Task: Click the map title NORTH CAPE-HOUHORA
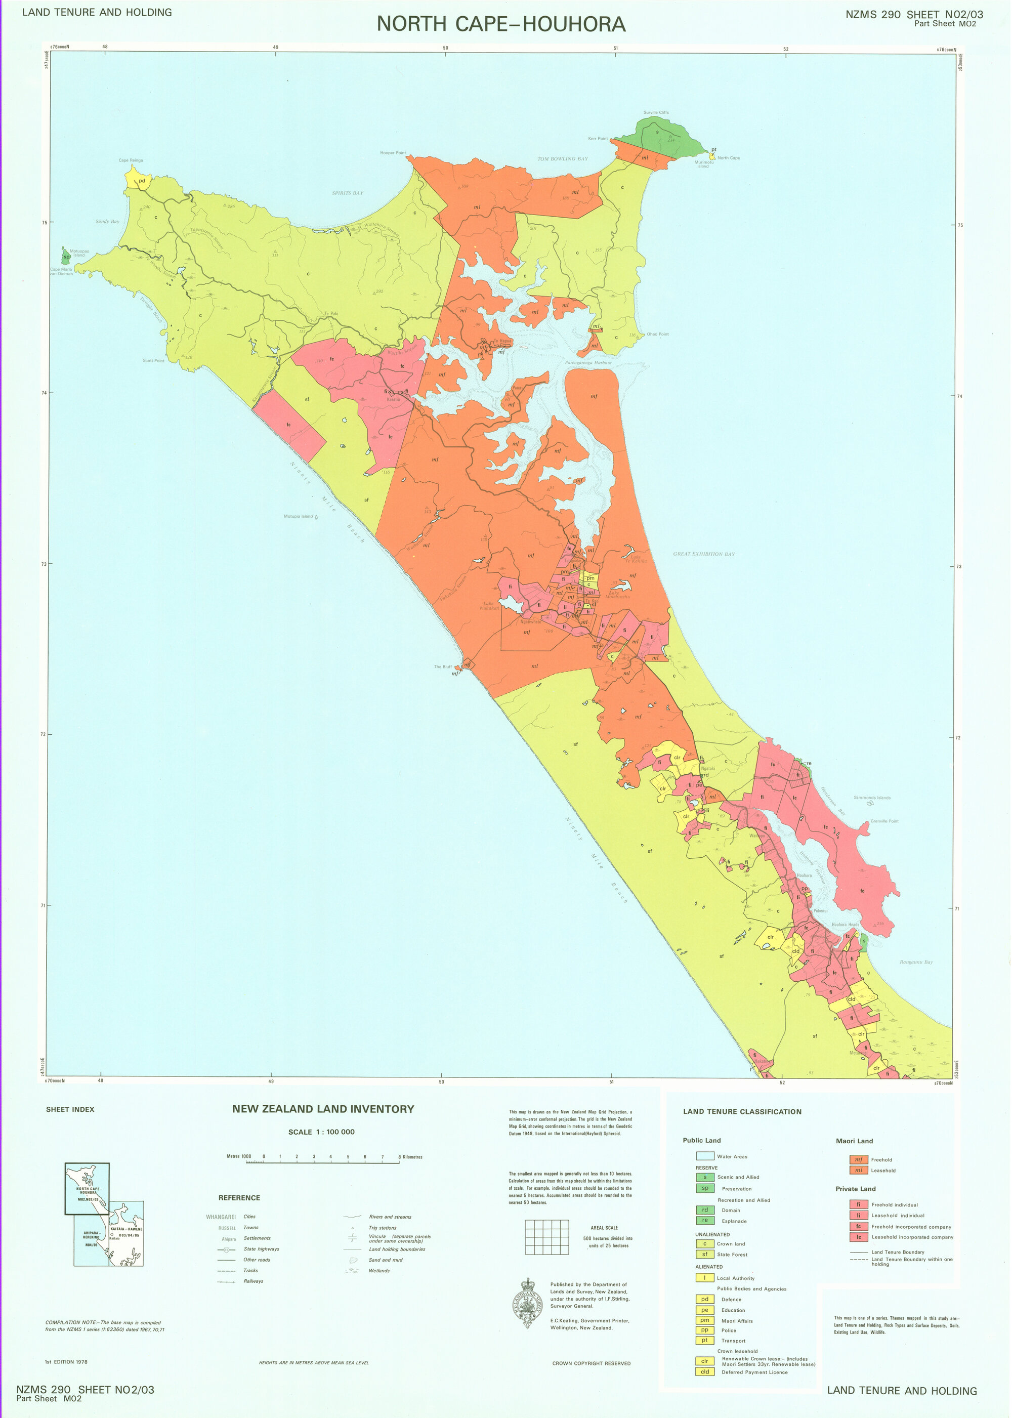(500, 24)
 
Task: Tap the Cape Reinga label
(131, 160)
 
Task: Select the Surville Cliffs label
(656, 113)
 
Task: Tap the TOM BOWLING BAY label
(562, 159)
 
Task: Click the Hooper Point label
(393, 153)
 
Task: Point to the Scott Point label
(153, 360)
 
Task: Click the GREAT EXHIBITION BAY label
(703, 554)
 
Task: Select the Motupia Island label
(298, 516)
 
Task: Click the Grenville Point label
(884, 821)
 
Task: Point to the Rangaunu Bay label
(915, 962)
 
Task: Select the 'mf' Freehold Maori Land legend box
(858, 1159)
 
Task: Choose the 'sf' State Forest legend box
(704, 1254)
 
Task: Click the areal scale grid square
(546, 1237)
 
